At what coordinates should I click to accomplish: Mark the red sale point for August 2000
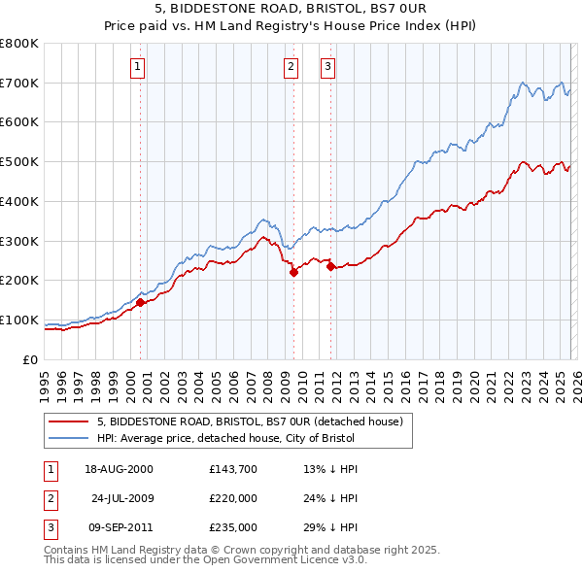pos(140,302)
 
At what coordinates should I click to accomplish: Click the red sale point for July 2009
pos(293,273)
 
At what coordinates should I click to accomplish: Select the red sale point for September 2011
pos(330,266)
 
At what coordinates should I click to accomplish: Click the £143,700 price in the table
pos(232,469)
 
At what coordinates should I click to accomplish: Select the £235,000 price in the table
pos(232,527)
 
